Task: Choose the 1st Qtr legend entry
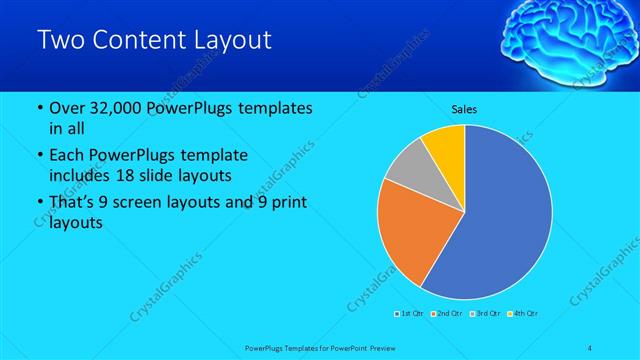point(411,314)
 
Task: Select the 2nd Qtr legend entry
point(446,314)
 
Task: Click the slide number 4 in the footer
point(590,347)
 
